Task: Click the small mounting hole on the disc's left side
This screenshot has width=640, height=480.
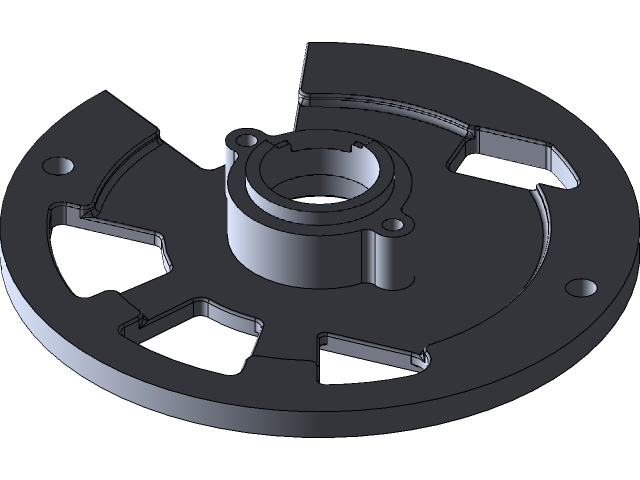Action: (61, 164)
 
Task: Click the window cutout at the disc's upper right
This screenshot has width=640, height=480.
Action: (510, 160)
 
